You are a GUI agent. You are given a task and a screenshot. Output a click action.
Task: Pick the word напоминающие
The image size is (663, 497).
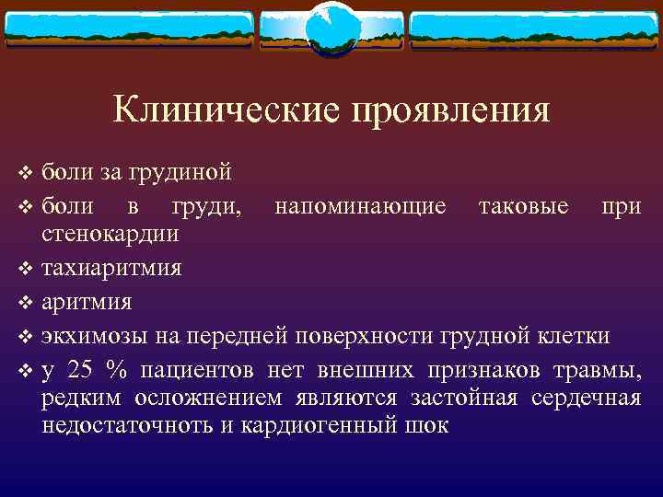click(361, 206)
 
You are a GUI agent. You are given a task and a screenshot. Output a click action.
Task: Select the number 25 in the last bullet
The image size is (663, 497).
click(81, 370)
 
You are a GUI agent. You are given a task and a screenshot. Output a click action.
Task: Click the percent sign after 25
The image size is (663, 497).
click(116, 370)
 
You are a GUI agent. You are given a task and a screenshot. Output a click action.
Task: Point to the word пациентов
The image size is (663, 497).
click(196, 370)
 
